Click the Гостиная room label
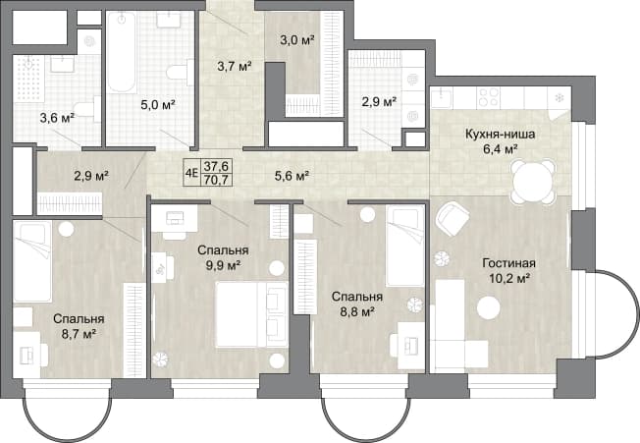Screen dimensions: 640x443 [508, 263]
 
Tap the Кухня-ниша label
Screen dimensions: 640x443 [500, 135]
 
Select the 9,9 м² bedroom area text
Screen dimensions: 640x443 [223, 266]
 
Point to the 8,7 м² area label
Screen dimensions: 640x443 [79, 334]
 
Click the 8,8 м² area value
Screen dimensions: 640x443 [357, 312]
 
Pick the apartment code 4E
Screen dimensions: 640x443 [191, 173]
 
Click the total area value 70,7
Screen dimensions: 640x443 [216, 180]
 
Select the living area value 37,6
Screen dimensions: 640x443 [216, 166]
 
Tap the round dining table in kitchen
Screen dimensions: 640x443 [532, 181]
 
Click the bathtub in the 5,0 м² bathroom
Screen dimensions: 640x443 [122, 52]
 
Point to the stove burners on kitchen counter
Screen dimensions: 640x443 [489, 97]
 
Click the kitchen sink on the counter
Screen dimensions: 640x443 [442, 98]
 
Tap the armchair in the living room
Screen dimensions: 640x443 [453, 219]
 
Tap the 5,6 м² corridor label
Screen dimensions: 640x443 [291, 176]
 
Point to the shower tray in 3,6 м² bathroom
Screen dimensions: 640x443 [28, 80]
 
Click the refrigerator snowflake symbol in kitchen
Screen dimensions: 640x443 [559, 98]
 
